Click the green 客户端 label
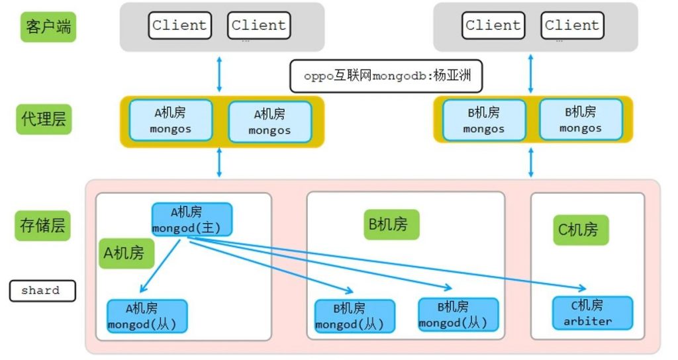pyautogui.click(x=48, y=26)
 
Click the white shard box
pyautogui.click(x=41, y=291)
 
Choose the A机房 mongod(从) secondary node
pyautogui.click(x=147, y=316)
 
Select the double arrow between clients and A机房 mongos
pyautogui.click(x=219, y=73)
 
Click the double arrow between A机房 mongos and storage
pyautogui.click(x=219, y=163)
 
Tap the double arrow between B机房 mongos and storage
pyautogui.click(x=530, y=163)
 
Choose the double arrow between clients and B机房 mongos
pyautogui.click(x=530, y=73)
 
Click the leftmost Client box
pyautogui.click(x=179, y=26)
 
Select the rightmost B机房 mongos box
pyautogui.click(x=580, y=119)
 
